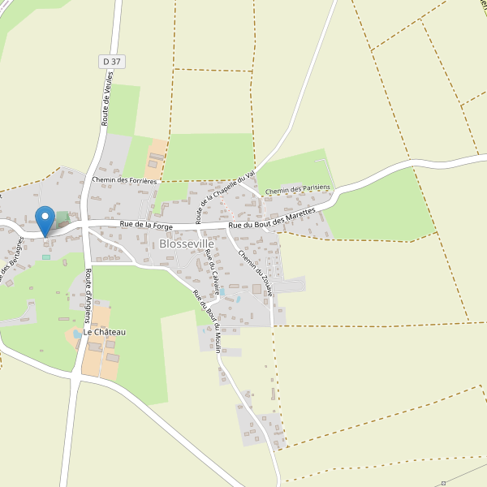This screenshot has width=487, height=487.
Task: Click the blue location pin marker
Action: [45, 220]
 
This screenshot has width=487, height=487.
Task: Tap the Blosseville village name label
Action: [187, 243]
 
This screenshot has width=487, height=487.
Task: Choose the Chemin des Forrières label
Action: [125, 180]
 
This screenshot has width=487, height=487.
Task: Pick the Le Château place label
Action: [104, 333]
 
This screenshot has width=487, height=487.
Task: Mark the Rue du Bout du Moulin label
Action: [208, 321]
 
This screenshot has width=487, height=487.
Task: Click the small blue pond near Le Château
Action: [77, 334]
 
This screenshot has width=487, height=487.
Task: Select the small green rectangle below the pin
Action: [46, 257]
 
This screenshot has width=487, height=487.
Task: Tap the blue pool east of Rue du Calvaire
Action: [238, 300]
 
